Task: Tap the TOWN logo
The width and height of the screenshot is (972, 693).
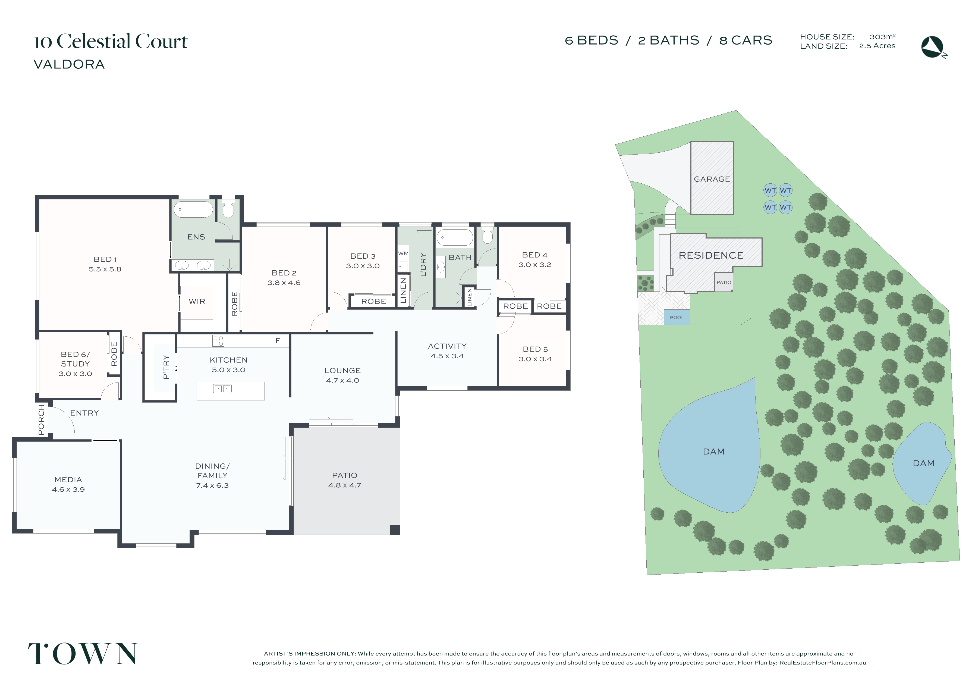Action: pyautogui.click(x=83, y=654)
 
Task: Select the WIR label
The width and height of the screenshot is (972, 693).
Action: pyautogui.click(x=197, y=301)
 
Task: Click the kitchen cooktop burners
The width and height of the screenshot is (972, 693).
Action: pyautogui.click(x=218, y=341)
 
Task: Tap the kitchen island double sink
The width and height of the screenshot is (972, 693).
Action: pyautogui.click(x=222, y=388)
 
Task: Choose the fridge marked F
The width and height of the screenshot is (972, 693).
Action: pyautogui.click(x=277, y=341)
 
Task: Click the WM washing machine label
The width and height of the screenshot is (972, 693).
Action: pyautogui.click(x=403, y=253)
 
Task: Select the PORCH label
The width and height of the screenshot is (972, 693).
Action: pyautogui.click(x=41, y=420)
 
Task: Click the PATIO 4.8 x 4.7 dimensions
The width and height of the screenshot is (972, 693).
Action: pyautogui.click(x=345, y=485)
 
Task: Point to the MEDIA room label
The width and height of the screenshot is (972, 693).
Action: pyautogui.click(x=68, y=480)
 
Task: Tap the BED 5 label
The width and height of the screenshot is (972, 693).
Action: pyautogui.click(x=535, y=349)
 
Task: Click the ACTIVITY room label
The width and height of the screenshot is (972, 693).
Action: pyautogui.click(x=447, y=346)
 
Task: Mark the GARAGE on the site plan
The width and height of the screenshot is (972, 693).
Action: pyautogui.click(x=712, y=178)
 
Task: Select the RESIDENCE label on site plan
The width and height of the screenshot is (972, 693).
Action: pyautogui.click(x=711, y=255)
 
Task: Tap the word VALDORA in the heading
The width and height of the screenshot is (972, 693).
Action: pyautogui.click(x=69, y=64)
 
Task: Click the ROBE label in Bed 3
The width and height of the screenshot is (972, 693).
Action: pyautogui.click(x=374, y=301)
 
